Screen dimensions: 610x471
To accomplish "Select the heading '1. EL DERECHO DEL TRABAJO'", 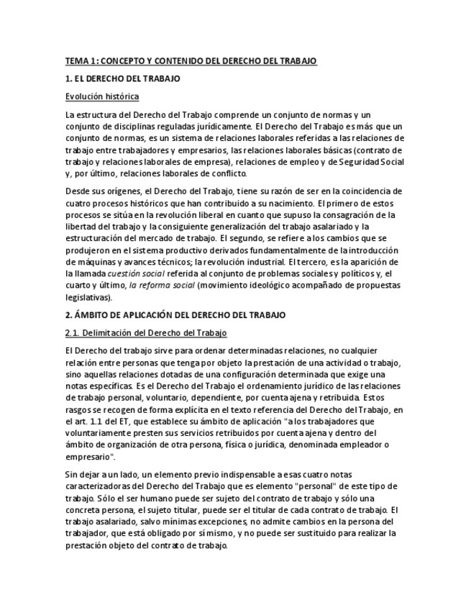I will [122, 78].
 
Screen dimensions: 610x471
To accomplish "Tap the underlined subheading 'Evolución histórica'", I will [102, 96].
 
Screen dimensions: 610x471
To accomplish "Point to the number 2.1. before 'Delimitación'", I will [75, 333].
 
